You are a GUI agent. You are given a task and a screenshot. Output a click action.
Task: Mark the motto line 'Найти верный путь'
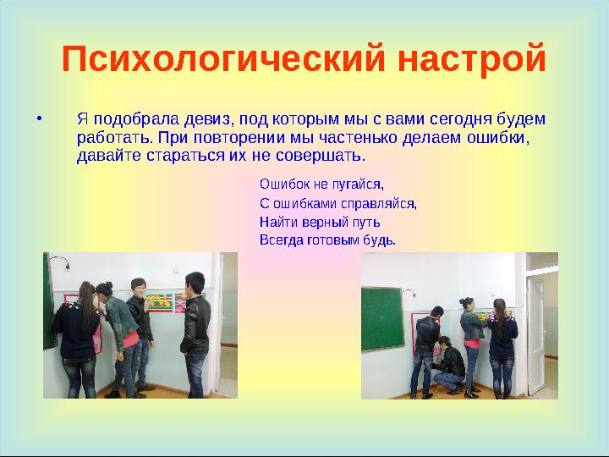(x=320, y=222)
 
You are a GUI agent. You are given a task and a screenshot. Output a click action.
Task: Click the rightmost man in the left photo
(x=195, y=330)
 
